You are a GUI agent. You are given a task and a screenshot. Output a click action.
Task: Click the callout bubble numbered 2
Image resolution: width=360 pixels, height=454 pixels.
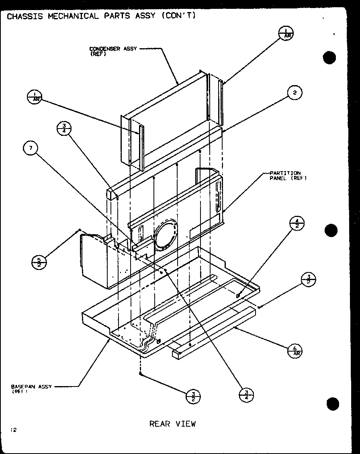tap(295, 93)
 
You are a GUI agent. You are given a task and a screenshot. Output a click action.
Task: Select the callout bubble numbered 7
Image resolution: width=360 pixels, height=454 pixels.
tap(30, 149)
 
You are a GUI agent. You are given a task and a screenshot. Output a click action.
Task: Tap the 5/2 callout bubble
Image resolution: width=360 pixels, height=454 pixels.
tap(39, 262)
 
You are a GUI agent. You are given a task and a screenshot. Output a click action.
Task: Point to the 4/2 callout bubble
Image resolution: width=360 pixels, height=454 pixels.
tap(297, 223)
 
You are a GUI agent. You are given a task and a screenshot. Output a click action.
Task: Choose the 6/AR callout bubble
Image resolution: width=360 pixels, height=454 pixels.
tap(295, 351)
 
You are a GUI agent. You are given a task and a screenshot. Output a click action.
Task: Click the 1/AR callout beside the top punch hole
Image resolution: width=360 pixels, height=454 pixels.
tap(286, 33)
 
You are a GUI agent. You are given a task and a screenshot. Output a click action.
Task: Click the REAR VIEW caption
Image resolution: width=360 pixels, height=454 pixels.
tap(172, 423)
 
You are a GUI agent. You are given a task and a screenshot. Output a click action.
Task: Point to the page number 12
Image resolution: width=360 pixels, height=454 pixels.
tap(13, 430)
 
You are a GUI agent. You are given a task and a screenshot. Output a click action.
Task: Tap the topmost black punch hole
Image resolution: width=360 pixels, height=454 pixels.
tap(329, 58)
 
